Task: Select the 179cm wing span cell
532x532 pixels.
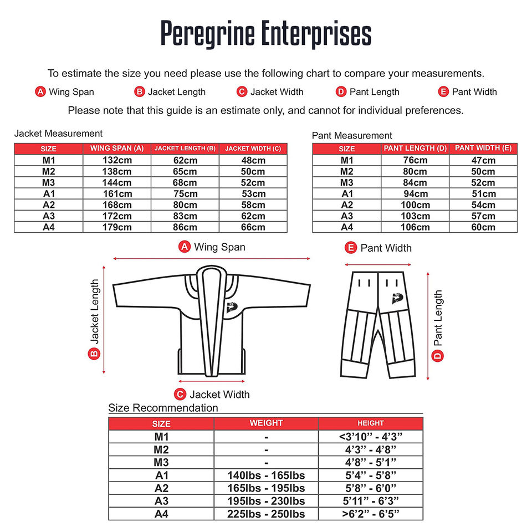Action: point(117,227)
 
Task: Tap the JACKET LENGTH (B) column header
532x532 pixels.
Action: point(185,149)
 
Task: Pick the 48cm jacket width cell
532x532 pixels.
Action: point(253,161)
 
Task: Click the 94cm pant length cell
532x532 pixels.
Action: point(415,194)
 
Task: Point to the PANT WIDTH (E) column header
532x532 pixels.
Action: point(483,149)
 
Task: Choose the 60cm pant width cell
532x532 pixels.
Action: point(483,227)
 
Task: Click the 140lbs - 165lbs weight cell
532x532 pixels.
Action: point(266,475)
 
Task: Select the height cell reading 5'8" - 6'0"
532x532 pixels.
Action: point(371,488)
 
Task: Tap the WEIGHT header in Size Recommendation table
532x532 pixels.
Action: point(266,423)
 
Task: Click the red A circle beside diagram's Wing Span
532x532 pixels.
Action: point(185,247)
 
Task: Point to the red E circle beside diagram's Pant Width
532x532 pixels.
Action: point(350,248)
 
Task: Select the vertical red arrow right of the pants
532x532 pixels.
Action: point(428,326)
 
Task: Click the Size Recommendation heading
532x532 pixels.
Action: point(163,408)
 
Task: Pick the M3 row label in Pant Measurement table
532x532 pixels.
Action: point(347,183)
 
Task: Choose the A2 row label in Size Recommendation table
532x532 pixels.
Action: point(161,488)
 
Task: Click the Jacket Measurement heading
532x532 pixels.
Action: point(58,134)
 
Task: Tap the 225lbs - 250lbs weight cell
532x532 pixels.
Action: point(266,514)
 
